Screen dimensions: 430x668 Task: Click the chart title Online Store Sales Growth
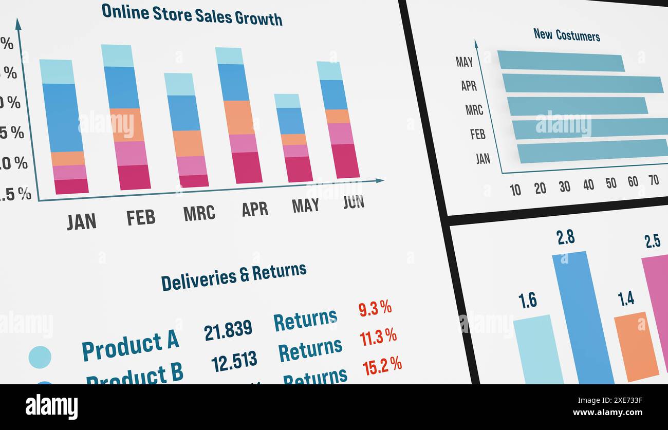coord(192,14)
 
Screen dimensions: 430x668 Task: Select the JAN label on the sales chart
coord(82,221)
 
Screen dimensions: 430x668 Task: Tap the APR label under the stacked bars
coord(255,209)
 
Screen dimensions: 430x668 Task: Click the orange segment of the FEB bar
coord(126,125)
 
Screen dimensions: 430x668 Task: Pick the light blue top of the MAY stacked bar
coord(287,101)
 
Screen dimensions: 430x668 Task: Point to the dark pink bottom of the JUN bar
coord(345,161)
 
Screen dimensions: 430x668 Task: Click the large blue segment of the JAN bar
coord(63,118)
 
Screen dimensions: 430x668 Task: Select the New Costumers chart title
coord(566,35)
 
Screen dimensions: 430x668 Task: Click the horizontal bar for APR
coord(582,84)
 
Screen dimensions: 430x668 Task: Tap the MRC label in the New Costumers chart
coord(474,109)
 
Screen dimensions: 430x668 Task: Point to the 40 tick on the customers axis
coord(588,185)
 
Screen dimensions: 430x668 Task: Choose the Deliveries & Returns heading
coord(234,276)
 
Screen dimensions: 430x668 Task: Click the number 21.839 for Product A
coord(228,330)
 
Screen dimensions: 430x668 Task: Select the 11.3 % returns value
coord(378,337)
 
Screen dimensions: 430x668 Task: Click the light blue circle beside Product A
coord(40,357)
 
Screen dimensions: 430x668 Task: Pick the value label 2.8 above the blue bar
coord(565,237)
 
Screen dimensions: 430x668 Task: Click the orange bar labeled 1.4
coord(636,346)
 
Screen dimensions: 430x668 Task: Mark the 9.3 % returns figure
coord(375,308)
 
